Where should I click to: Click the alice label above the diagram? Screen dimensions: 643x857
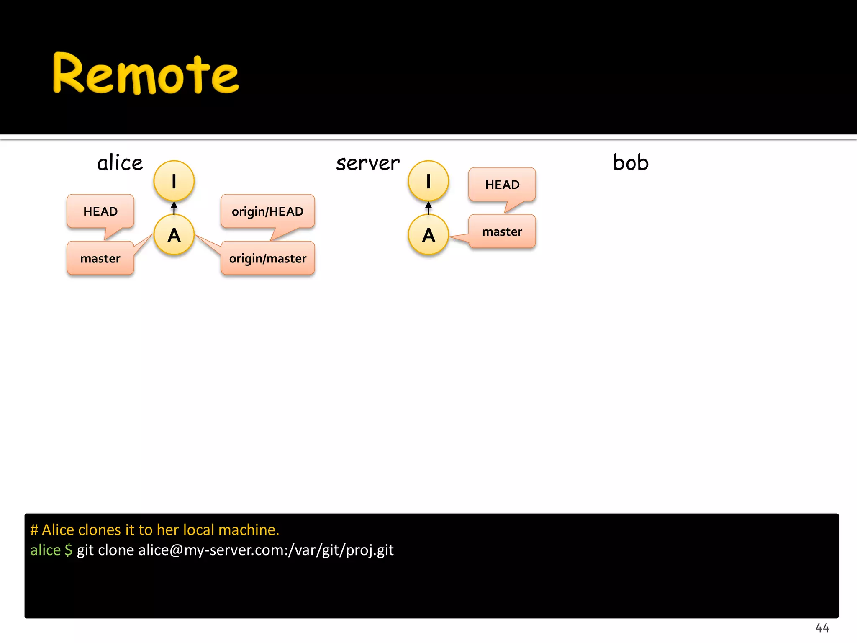(x=120, y=163)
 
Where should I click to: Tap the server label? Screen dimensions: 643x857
(x=368, y=163)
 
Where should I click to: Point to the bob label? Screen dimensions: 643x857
(x=631, y=162)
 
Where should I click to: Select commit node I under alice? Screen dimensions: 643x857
(x=174, y=181)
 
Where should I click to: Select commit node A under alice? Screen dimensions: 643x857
(x=174, y=235)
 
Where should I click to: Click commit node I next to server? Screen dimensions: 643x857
(x=428, y=181)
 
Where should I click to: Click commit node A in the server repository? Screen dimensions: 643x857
(x=428, y=235)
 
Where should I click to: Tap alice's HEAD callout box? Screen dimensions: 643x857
(x=100, y=211)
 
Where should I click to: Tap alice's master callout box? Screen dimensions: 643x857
(x=100, y=258)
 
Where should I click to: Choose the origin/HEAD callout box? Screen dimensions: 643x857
(x=268, y=211)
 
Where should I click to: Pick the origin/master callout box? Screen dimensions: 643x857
(x=268, y=258)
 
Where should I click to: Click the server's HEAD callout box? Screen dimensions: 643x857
(x=502, y=185)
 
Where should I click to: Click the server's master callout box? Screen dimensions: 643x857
(x=502, y=231)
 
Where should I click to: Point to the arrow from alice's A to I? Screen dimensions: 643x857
(x=174, y=208)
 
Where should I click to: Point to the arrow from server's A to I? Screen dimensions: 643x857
(x=428, y=208)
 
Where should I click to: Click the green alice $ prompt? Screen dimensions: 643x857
(x=51, y=550)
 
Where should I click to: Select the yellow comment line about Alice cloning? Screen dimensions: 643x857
(x=154, y=530)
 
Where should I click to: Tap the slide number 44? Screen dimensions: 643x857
(x=822, y=628)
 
